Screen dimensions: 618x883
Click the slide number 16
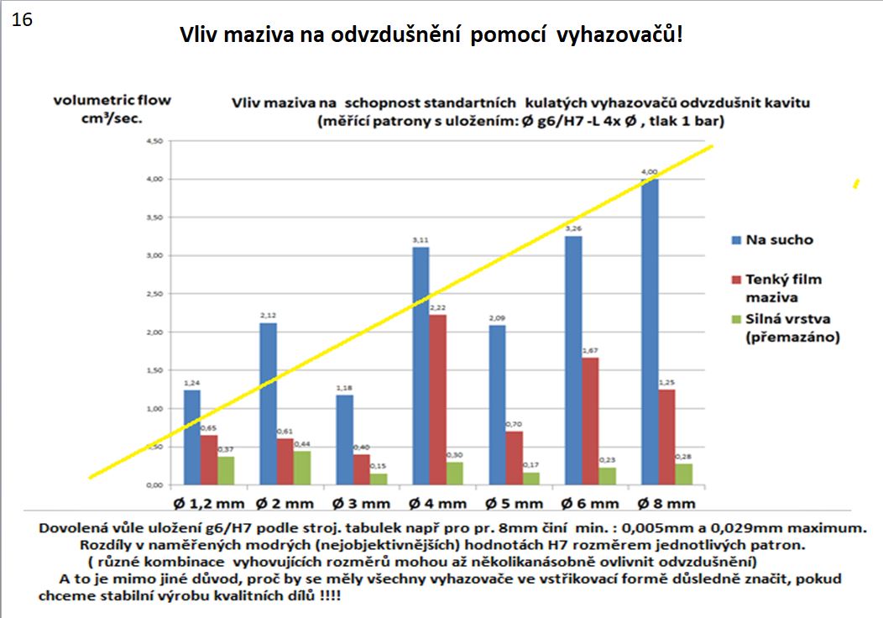23,20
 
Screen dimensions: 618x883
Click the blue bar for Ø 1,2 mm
191,437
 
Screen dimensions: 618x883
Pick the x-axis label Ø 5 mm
515,504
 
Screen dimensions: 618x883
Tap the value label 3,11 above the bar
421,239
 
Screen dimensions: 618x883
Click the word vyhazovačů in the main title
615,37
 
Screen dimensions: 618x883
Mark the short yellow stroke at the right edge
856,183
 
